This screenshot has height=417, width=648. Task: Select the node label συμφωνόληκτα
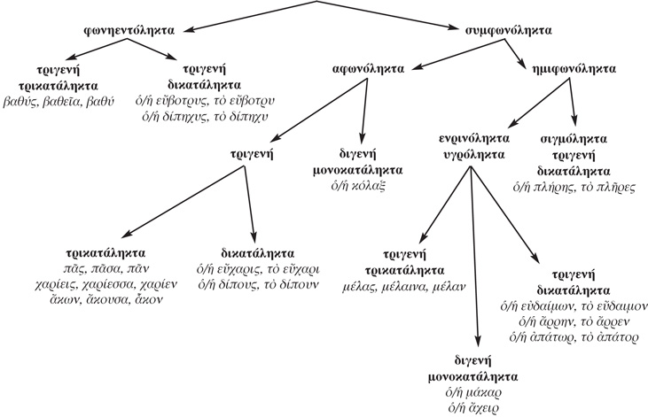click(x=509, y=30)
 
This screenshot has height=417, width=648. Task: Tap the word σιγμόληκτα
click(x=574, y=140)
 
